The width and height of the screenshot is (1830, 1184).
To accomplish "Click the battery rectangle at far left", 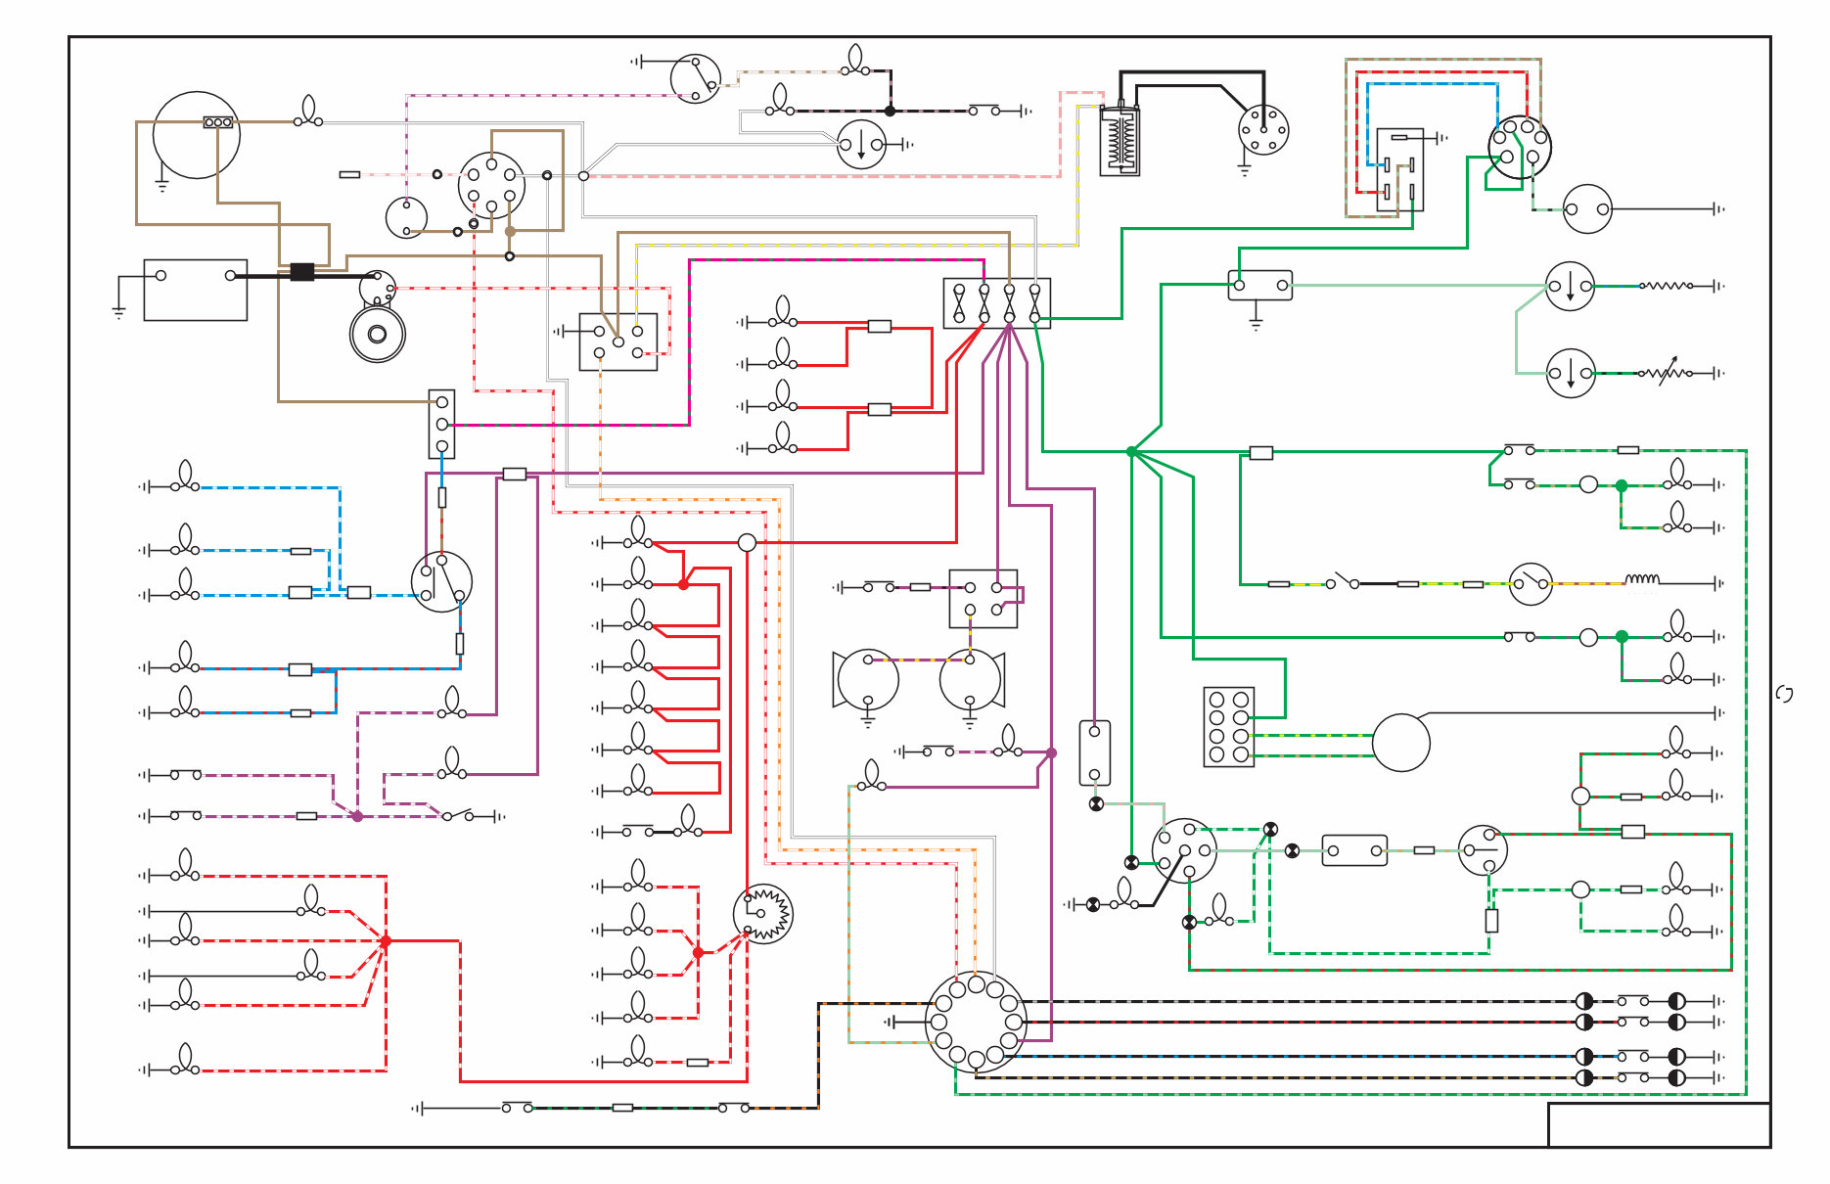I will coord(195,290).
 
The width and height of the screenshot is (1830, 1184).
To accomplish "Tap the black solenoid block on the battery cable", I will coord(302,272).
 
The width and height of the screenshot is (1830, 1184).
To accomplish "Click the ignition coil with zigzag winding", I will coord(1120,141).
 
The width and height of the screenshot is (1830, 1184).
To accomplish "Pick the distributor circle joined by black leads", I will coord(1262,130).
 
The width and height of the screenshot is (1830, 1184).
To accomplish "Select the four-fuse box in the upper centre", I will coord(996,303).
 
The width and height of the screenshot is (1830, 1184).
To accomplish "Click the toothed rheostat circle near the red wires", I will coord(762,913).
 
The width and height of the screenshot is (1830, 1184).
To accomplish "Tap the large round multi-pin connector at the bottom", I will coord(976,1023).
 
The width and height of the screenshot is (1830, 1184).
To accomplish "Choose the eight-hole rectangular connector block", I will coord(1228,726).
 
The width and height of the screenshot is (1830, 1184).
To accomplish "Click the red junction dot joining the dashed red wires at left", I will coord(386,940).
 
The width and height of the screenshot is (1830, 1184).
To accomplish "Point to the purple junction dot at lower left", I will coord(357,816).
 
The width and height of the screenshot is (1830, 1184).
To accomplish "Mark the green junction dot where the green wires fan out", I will coord(1131,451).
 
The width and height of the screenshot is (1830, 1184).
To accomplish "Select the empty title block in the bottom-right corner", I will coord(1658,1124).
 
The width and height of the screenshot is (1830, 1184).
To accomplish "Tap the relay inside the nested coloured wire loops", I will coord(1398,169).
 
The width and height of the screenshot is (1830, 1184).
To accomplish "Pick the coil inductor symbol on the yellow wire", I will coord(1641,581).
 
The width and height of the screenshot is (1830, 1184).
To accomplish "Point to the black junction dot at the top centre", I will coord(890,111).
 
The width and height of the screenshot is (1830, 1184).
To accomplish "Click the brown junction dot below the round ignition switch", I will coord(510,231).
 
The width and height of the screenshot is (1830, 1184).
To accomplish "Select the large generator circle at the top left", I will coord(196,135).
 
